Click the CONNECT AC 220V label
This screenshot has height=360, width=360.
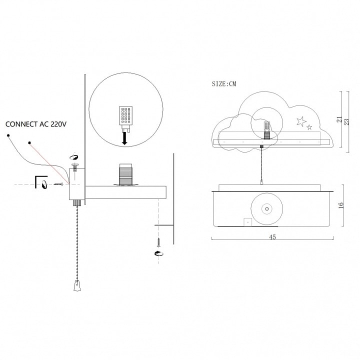click(36, 124)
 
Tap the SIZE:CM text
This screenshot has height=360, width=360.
click(224, 84)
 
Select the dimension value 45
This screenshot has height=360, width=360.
click(272, 237)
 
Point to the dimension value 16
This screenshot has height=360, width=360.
click(341, 205)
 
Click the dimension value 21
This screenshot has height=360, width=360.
click(340, 119)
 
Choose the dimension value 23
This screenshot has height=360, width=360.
click(347, 121)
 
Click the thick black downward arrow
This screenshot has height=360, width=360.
click(124, 138)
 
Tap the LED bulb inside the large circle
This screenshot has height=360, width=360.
click(126, 119)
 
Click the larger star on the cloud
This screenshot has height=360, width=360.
click(301, 121)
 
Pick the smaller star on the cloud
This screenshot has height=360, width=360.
click(309, 127)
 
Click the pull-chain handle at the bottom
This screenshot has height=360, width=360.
click(77, 285)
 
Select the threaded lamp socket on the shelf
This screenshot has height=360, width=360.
click(125, 174)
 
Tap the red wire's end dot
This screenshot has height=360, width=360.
click(29, 143)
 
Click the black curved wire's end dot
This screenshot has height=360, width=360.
click(8, 135)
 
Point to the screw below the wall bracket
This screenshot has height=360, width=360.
click(158, 242)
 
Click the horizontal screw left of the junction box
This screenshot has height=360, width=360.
click(58, 184)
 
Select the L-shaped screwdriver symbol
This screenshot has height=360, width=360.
click(41, 182)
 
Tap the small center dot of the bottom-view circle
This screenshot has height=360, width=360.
click(267, 209)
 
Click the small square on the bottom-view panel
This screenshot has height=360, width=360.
click(247, 222)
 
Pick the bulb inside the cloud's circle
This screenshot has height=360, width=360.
click(267, 130)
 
